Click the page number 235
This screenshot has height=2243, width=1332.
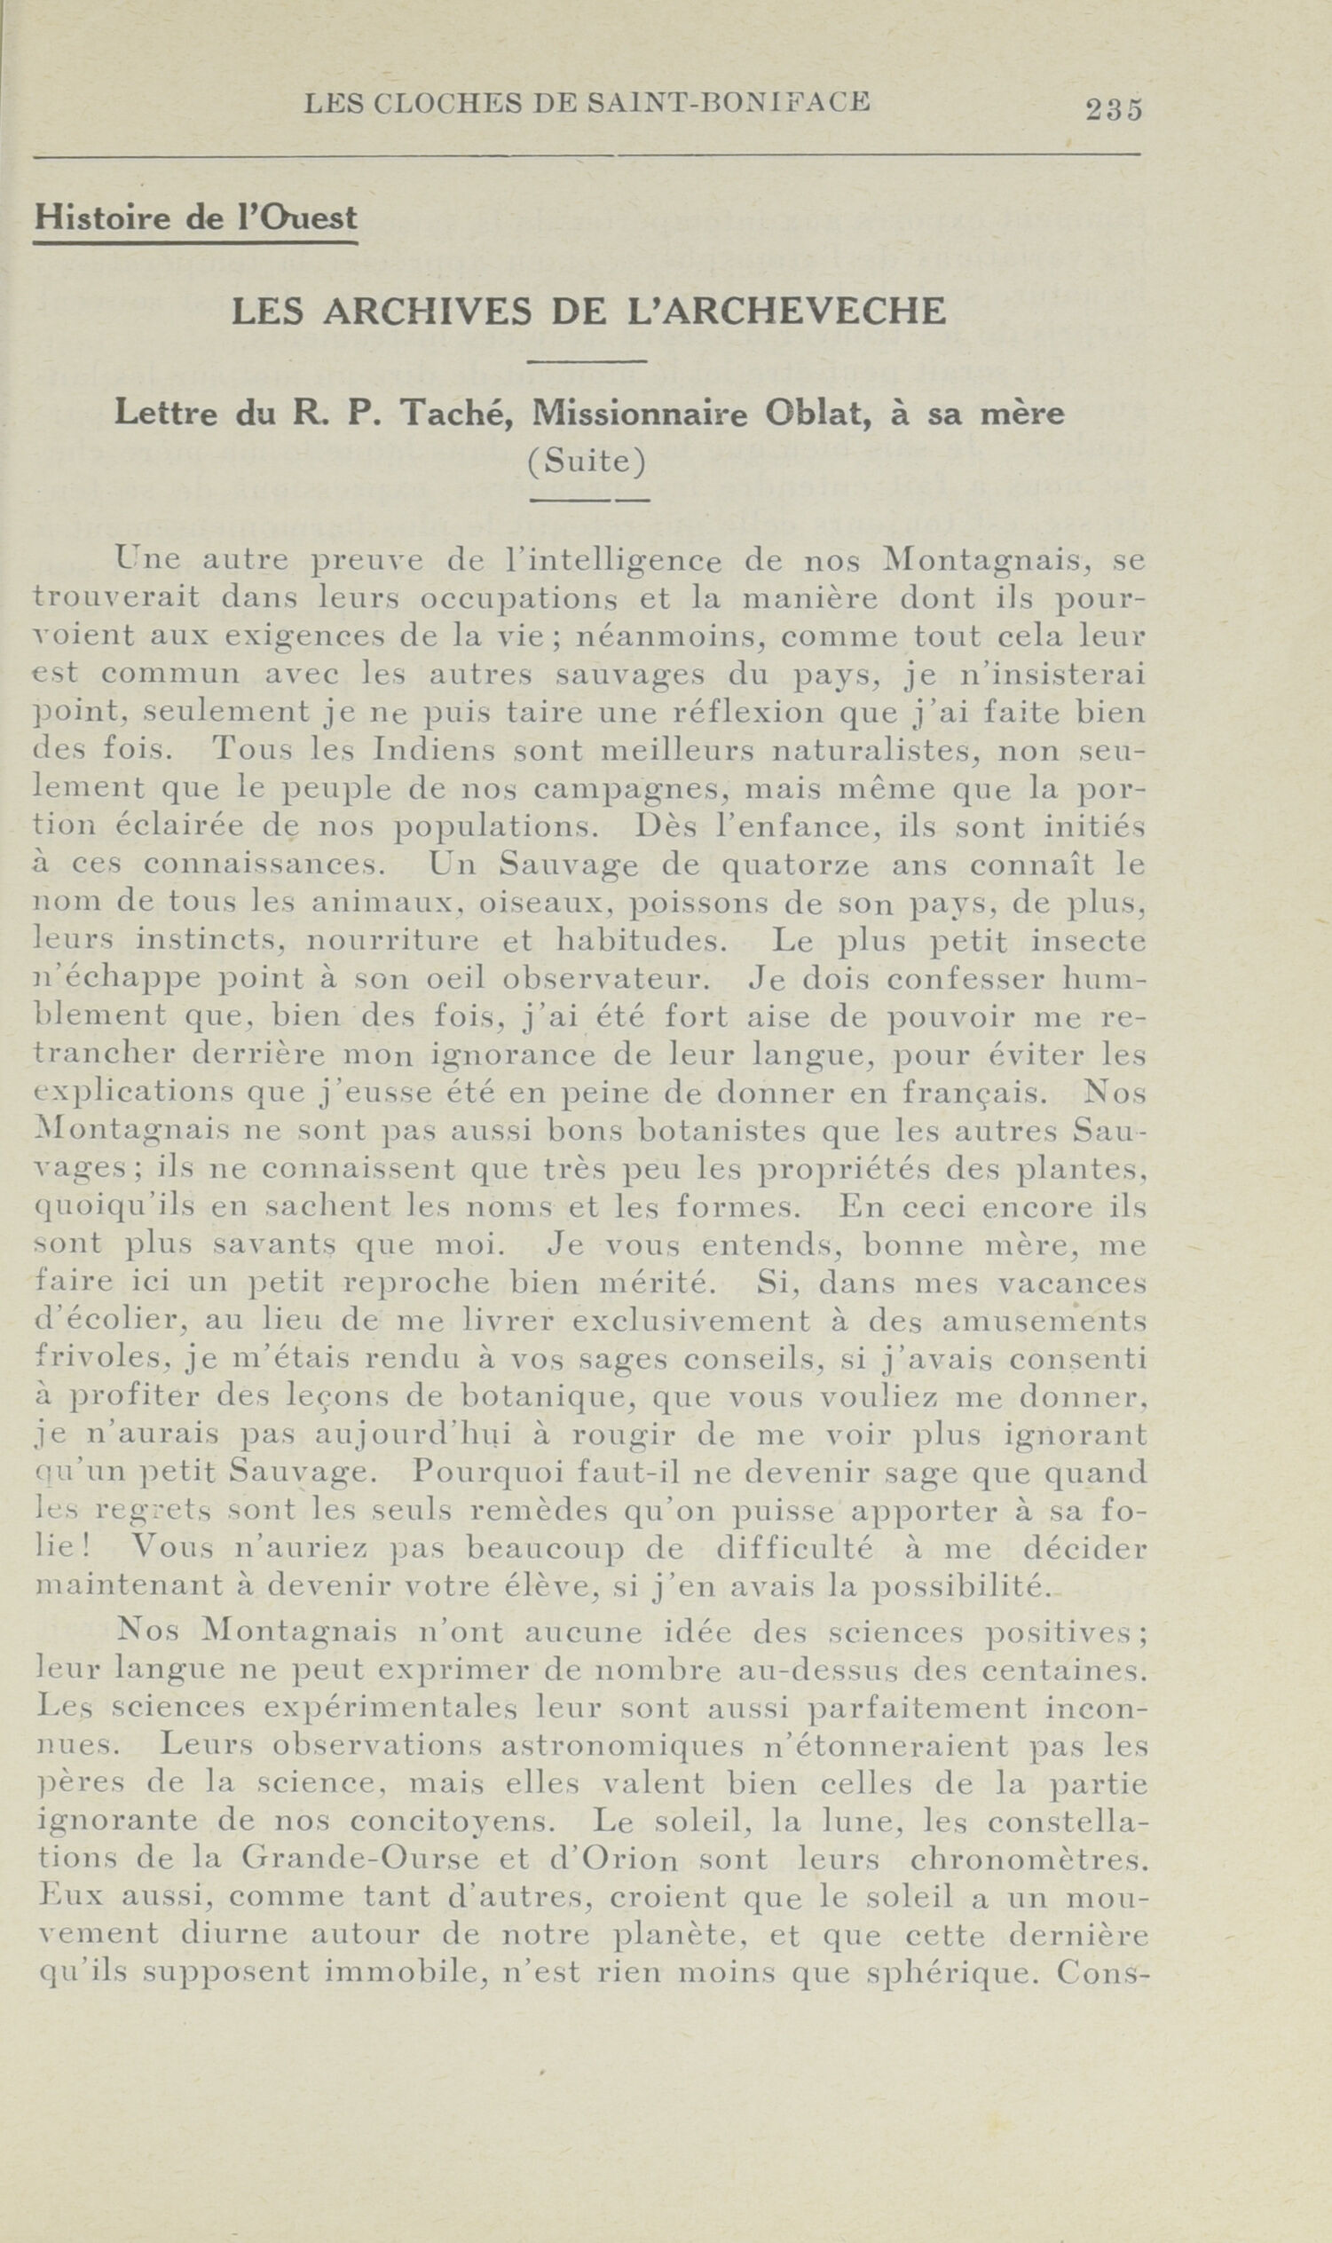click(x=1113, y=109)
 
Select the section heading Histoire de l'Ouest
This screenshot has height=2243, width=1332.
click(x=194, y=218)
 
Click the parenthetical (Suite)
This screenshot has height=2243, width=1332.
click(x=587, y=462)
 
